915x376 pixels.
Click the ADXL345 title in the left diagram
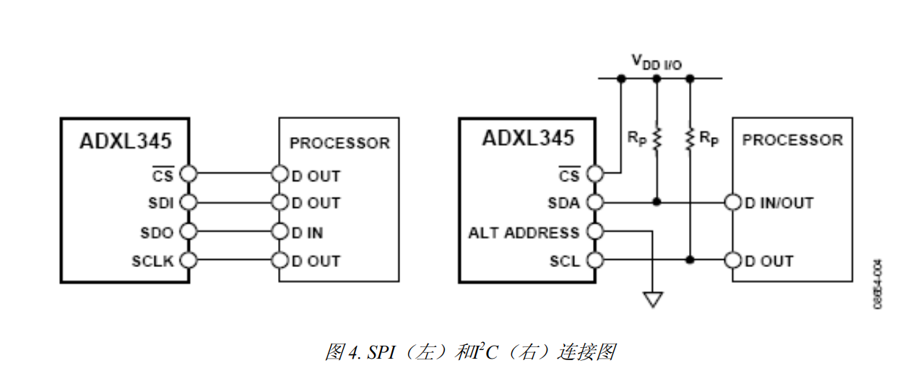125,140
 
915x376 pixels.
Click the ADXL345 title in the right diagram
528,138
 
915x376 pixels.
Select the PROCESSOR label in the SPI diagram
339,143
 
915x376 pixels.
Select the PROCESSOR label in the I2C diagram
792,140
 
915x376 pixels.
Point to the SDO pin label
157,232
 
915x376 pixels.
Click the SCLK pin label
152,261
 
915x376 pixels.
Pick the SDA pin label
564,204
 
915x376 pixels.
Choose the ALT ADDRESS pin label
524,232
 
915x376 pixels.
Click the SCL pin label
565,261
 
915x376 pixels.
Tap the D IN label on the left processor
307,232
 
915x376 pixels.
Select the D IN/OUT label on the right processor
779,204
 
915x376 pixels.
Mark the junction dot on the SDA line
656,203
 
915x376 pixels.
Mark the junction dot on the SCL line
690,260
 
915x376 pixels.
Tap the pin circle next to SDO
189,232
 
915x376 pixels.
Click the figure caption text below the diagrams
469,351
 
